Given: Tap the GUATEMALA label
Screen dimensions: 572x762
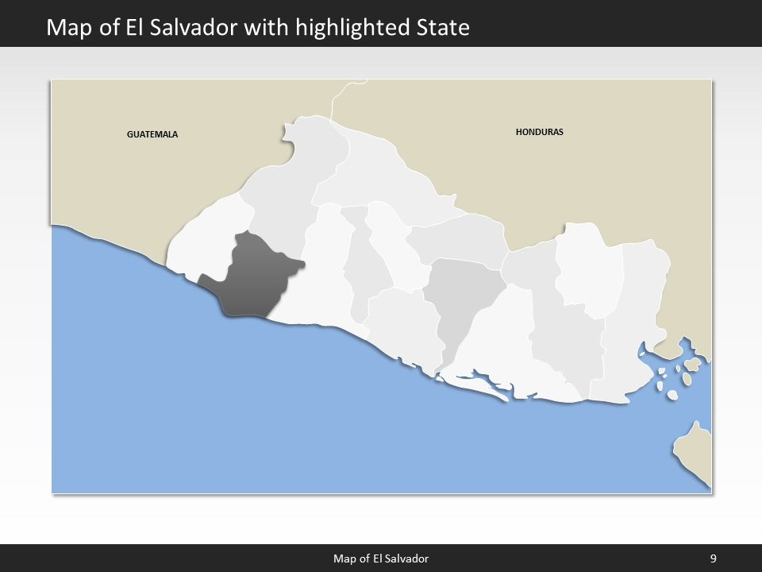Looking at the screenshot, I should (152, 134).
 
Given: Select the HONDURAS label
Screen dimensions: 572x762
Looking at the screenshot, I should (539, 132).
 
